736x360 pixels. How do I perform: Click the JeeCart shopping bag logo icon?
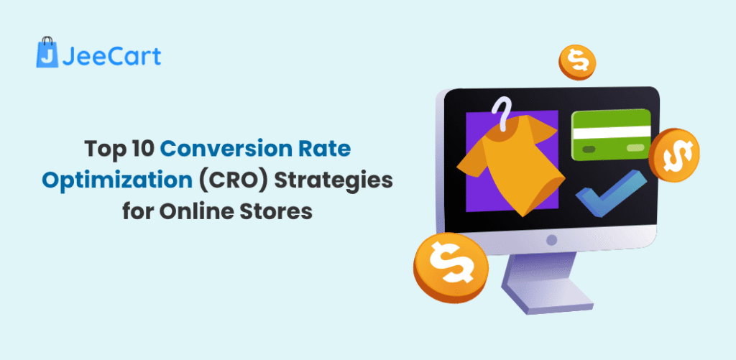pyautogui.click(x=47, y=55)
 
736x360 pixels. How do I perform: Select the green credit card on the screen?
pyautogui.click(x=611, y=134)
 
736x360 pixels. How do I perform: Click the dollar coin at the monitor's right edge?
pyautogui.click(x=673, y=154)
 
